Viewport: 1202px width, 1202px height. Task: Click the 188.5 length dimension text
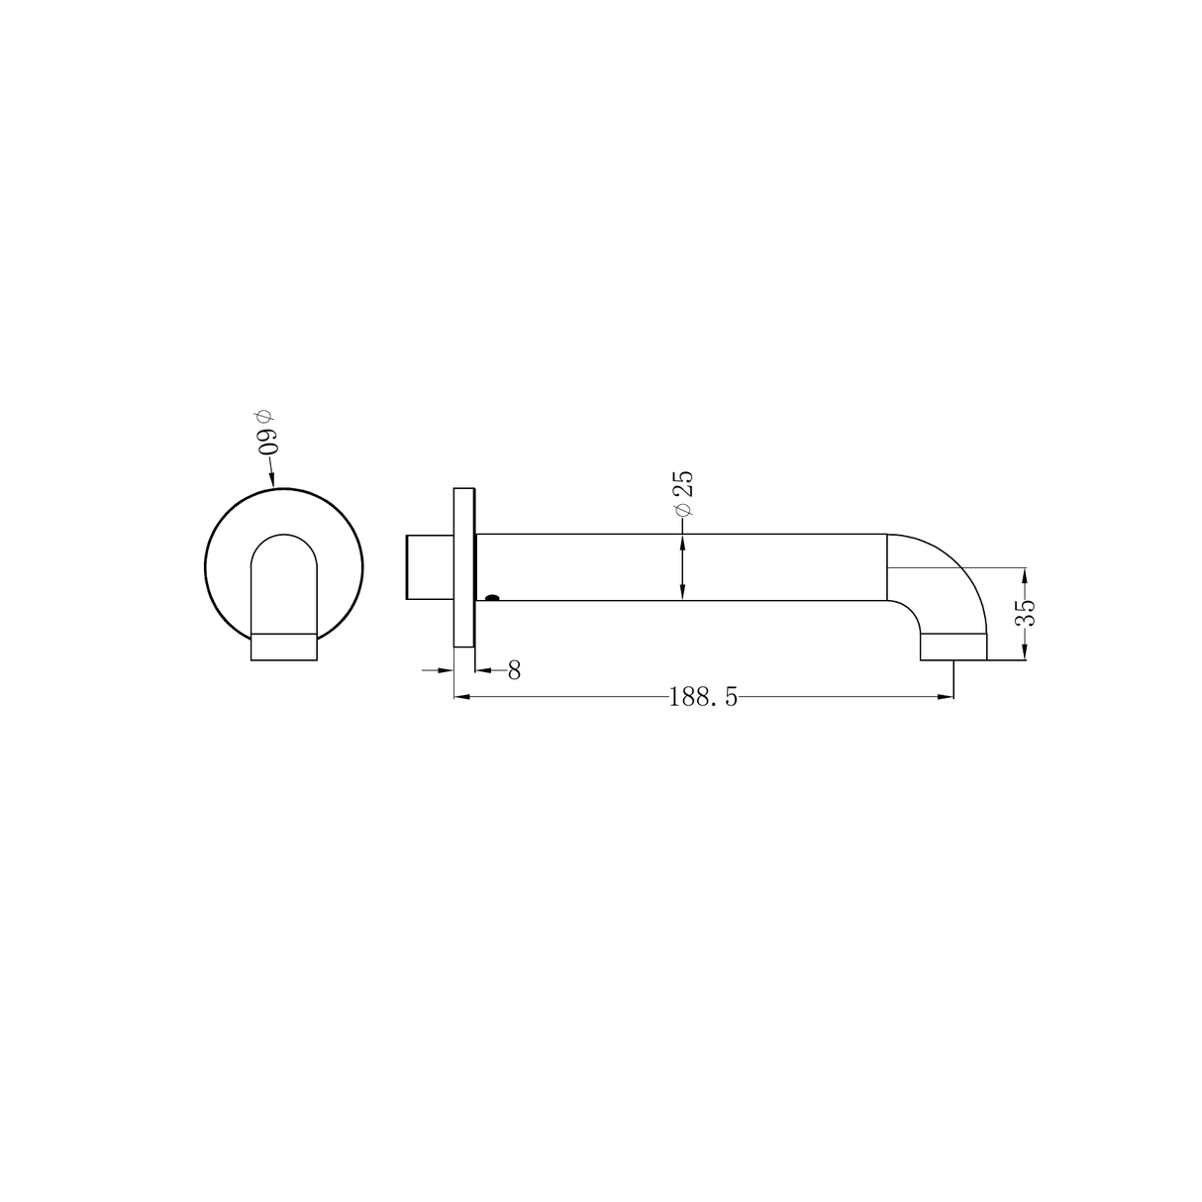(x=703, y=697)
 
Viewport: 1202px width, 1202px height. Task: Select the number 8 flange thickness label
(x=514, y=671)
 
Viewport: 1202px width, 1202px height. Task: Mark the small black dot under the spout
(x=491, y=598)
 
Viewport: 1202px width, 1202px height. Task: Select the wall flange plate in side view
(x=464, y=567)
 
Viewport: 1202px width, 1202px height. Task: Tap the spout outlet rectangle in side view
(x=953, y=647)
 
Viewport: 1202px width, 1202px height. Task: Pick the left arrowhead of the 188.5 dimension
(x=460, y=697)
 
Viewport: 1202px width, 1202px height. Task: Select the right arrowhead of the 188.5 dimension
(x=947, y=697)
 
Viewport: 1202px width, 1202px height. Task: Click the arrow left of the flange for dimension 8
(x=447, y=671)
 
